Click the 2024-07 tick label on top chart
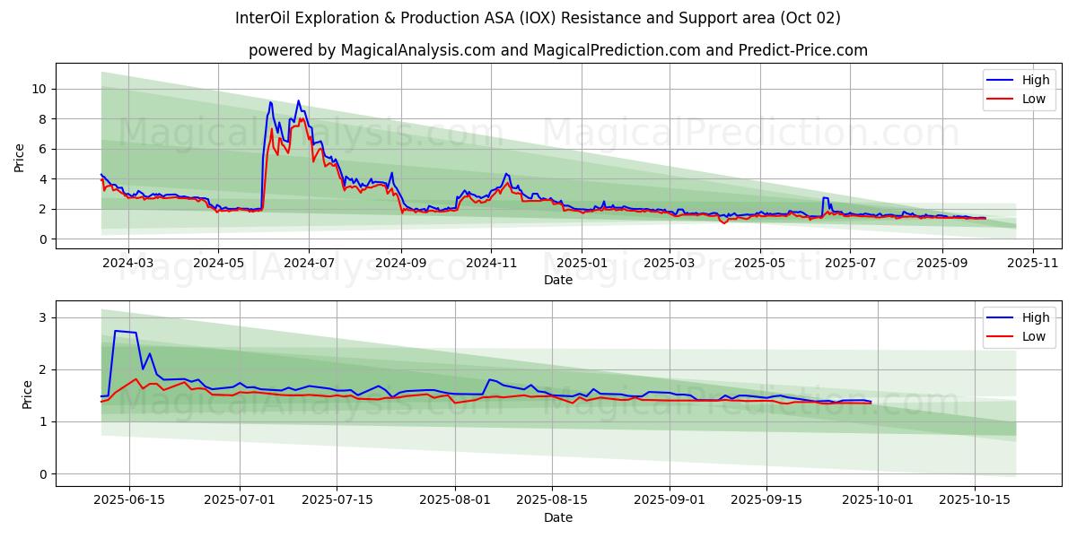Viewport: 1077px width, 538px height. coord(309,262)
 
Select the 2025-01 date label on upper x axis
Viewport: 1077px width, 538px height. coord(582,262)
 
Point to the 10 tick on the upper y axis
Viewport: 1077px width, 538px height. coord(39,89)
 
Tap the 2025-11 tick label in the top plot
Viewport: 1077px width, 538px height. coord(1033,262)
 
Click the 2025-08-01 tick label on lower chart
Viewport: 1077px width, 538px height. coord(456,499)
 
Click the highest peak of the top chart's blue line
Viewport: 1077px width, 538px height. coord(298,101)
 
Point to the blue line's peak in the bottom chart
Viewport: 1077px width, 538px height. coord(116,331)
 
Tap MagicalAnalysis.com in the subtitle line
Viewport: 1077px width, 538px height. coord(418,50)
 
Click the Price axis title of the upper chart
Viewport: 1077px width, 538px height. coord(20,157)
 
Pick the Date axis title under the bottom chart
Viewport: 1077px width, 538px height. coord(557,517)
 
